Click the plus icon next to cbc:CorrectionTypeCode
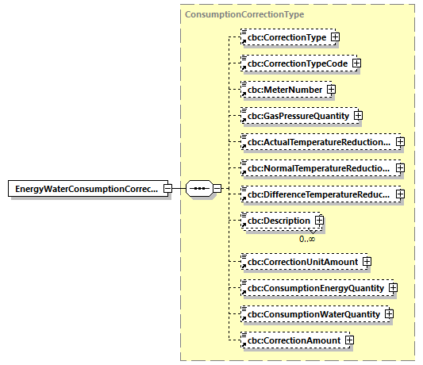pos(356,63)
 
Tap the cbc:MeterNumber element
pos(284,90)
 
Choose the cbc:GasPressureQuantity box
pos(298,116)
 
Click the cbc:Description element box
pos(278,220)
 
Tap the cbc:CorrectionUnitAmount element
pos(302,261)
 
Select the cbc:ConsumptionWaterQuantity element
pos(314,314)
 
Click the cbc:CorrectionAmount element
pos(293,340)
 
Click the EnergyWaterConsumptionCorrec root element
pos(86,189)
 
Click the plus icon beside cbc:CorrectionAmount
pos(348,340)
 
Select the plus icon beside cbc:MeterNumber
pos(331,90)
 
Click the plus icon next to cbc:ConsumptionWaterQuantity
pos(389,314)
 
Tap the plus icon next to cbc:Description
pos(319,220)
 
